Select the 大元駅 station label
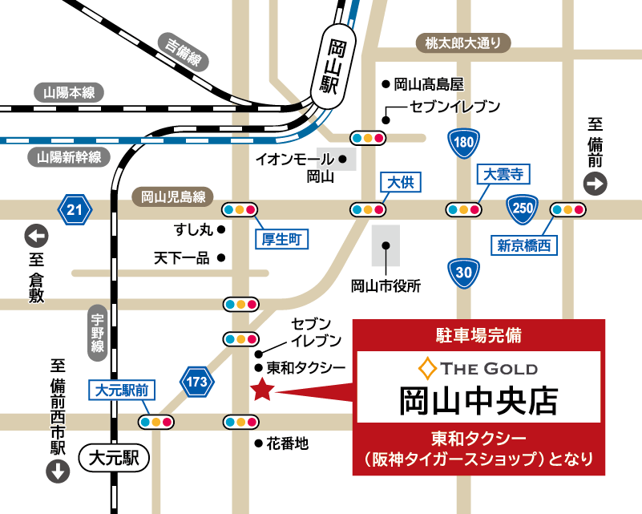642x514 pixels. [x=115, y=459]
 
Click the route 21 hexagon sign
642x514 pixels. [x=75, y=210]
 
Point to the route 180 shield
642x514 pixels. [x=463, y=144]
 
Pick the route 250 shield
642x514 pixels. [x=523, y=209]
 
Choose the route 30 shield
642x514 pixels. [x=464, y=273]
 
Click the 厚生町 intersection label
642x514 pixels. [x=282, y=238]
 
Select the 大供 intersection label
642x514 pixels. [x=400, y=183]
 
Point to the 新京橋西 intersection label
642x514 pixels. [x=523, y=245]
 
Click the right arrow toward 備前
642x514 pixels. [x=596, y=185]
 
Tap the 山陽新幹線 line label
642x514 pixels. [x=69, y=157]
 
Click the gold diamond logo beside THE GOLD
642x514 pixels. [x=427, y=369]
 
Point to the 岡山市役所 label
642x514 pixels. [x=386, y=285]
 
